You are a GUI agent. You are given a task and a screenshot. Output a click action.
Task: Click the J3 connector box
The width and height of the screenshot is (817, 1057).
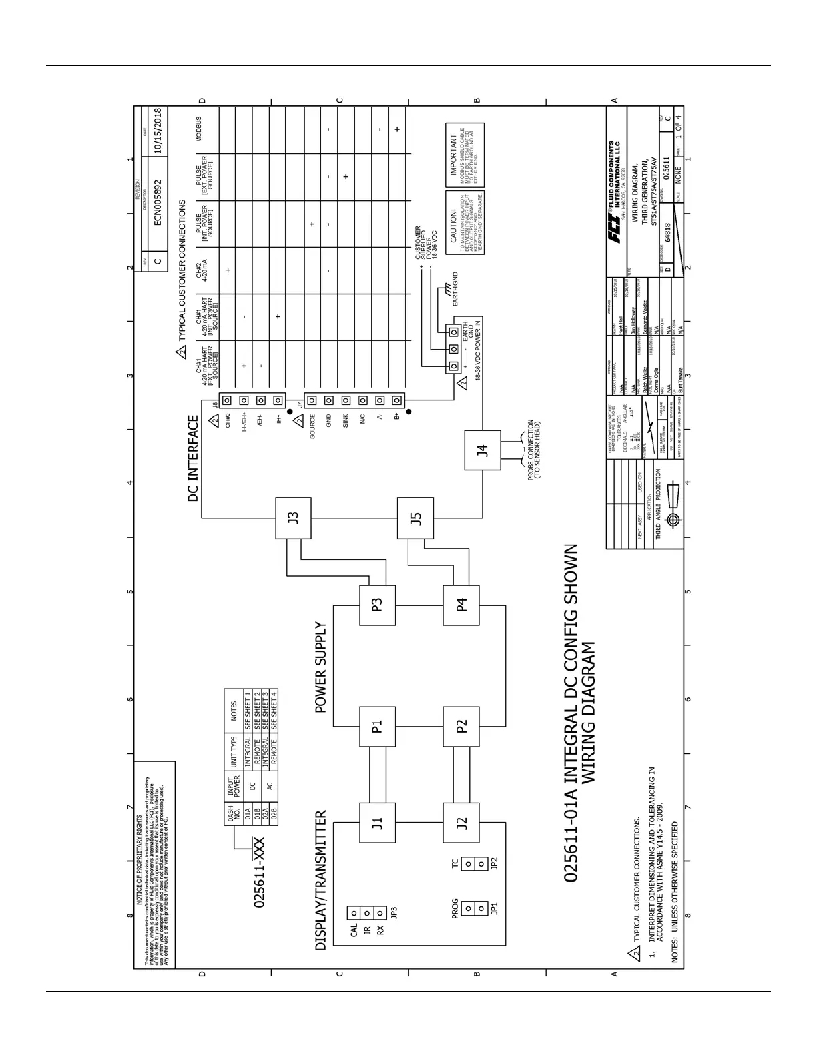[293, 518]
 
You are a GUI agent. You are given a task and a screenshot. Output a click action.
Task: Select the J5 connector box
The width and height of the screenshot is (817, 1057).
[415, 518]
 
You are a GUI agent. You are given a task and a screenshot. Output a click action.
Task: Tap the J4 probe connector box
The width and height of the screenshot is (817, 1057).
[482, 450]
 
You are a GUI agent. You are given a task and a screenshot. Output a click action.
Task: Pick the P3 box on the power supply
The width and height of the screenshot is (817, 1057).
[377, 605]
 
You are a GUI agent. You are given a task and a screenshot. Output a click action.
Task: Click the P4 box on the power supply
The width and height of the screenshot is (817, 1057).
[461, 605]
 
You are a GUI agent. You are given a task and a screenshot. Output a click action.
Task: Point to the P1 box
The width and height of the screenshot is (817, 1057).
[377, 726]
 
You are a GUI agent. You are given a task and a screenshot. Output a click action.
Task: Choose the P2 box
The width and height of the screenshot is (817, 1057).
[461, 726]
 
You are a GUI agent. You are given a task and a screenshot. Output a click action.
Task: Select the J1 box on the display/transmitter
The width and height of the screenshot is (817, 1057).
[377, 823]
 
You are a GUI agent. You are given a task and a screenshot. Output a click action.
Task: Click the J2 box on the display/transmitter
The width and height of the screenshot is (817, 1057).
[461, 823]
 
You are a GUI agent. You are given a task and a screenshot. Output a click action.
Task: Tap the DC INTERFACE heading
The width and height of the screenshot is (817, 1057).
[193, 458]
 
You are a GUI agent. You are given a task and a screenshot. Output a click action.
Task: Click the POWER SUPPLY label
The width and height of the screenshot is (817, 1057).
[321, 668]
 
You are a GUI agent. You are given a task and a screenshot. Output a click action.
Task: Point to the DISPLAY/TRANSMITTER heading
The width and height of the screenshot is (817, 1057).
[321, 880]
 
